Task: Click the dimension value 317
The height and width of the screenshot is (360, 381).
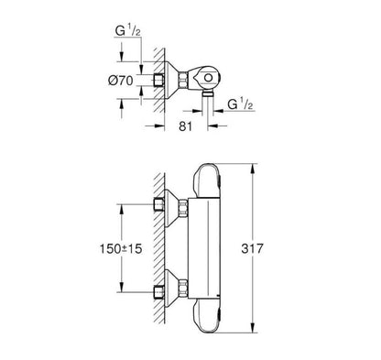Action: click(252, 248)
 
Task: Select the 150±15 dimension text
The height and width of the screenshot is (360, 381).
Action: click(121, 249)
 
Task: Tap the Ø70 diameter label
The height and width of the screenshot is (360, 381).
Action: click(121, 81)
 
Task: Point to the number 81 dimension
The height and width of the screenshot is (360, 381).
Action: click(185, 125)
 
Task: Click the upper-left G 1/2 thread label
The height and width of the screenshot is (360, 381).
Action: click(128, 31)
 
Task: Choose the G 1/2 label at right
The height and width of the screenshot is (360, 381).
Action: click(240, 104)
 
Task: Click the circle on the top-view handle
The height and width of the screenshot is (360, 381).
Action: click(208, 78)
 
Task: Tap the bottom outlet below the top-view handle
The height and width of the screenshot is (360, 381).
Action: click(208, 93)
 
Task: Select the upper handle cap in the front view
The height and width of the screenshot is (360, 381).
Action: click(206, 180)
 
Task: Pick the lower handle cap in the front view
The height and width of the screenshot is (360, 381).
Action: click(206, 315)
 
